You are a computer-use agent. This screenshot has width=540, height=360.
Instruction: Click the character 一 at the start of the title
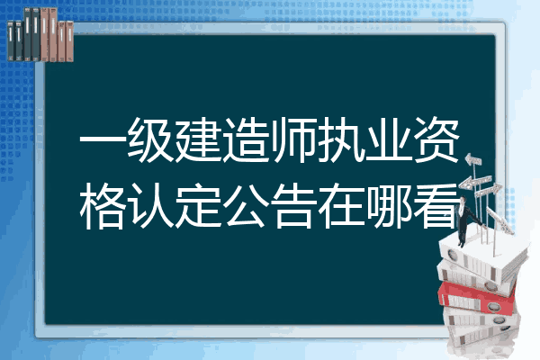pyautogui.click(x=103, y=140)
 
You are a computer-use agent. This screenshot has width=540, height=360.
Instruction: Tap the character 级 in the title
pyautogui.click(x=150, y=139)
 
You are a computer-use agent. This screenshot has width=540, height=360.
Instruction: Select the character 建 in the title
pyautogui.click(x=198, y=139)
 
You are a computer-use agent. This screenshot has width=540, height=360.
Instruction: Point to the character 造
pyautogui.click(x=246, y=139)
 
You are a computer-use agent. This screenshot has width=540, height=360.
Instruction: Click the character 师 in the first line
pyautogui.click(x=293, y=139)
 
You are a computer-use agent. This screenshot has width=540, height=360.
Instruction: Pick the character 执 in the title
pyautogui.click(x=340, y=139)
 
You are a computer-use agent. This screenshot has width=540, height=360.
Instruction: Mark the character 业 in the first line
pyautogui.click(x=389, y=139)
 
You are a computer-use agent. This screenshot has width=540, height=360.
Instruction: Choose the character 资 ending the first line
pyautogui.click(x=436, y=139)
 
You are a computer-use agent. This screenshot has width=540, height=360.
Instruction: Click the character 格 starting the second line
pyautogui.click(x=103, y=206)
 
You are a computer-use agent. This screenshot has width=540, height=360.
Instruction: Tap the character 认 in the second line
pyautogui.click(x=150, y=206)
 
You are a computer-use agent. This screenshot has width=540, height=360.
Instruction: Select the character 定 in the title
pyautogui.click(x=198, y=206)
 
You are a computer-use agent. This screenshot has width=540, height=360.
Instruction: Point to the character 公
pyautogui.click(x=246, y=206)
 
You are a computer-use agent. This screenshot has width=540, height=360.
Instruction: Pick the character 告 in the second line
pyautogui.click(x=293, y=206)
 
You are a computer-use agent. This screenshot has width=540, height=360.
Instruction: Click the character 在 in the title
pyautogui.click(x=340, y=206)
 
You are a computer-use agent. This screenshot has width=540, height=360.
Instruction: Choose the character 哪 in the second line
pyautogui.click(x=389, y=206)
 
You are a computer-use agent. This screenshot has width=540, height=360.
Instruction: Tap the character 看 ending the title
pyautogui.click(x=436, y=206)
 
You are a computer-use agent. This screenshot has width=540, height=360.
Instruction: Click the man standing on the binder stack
pyautogui.click(x=466, y=221)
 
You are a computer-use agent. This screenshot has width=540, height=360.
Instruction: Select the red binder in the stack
pyautogui.click(x=477, y=297)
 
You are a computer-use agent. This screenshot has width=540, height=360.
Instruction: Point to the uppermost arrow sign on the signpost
pyautogui.click(x=473, y=160)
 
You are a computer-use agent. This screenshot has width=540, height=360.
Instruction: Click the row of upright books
pyautogui.click(x=40, y=34)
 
